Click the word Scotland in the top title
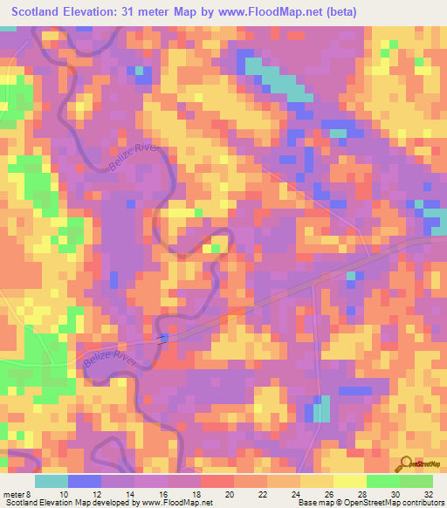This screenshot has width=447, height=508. pyautogui.click(x=40, y=11)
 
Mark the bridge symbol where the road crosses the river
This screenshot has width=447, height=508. pyautogui.click(x=162, y=339)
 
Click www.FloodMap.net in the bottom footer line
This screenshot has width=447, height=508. pyautogui.click(x=175, y=502)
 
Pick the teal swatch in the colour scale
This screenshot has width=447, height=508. pyautogui.click(x=52, y=481)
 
